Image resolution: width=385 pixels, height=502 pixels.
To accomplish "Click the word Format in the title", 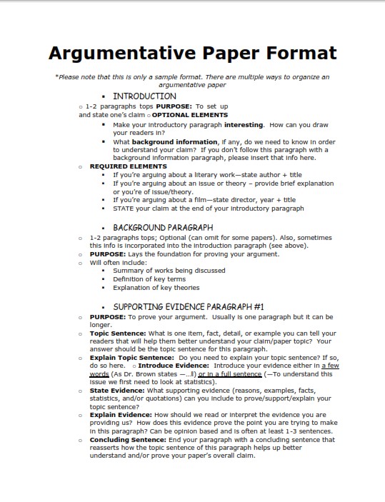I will tap(299, 53).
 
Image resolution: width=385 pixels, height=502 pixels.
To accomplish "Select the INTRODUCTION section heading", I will tap(144, 96).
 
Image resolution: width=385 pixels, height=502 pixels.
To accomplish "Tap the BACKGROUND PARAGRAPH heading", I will tap(163, 228).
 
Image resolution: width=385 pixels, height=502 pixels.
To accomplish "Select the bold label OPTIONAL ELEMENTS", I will tap(190, 114).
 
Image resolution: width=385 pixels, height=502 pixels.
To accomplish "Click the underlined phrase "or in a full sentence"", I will tap(230, 374).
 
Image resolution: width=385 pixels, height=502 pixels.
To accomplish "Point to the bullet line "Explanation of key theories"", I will tap(156, 288).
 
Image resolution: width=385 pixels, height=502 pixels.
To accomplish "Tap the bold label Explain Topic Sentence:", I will tap(132, 357).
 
